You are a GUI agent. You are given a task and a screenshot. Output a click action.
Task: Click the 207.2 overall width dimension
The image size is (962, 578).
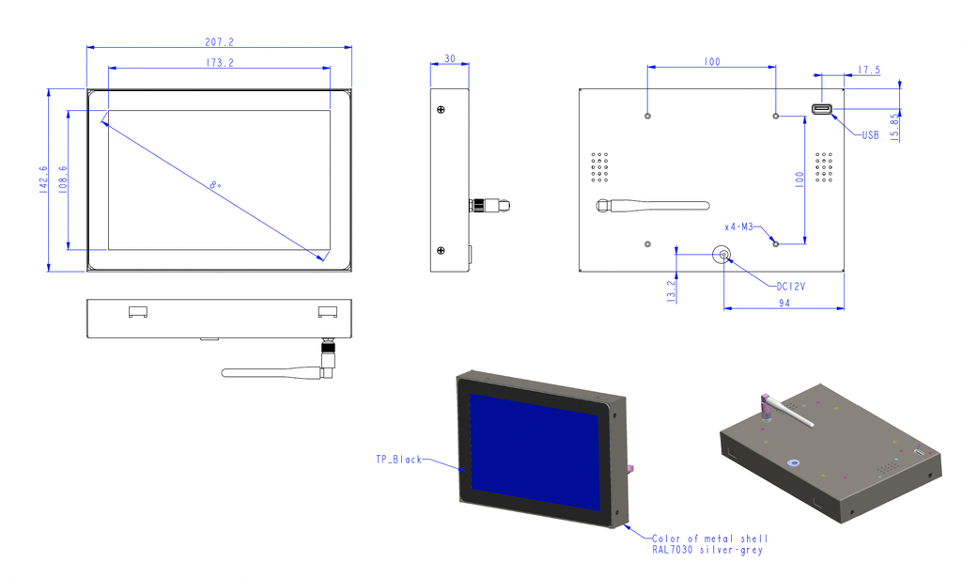(x=218, y=41)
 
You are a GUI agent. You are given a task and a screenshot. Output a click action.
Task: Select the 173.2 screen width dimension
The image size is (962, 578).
(x=218, y=63)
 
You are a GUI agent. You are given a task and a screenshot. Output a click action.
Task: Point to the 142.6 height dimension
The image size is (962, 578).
(x=43, y=180)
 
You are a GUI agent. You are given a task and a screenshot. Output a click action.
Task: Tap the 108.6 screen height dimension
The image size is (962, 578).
(x=63, y=180)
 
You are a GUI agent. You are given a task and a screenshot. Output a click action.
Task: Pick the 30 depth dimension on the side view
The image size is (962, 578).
(x=449, y=58)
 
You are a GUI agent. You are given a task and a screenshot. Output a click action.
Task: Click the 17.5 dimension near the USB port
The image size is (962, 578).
(x=869, y=70)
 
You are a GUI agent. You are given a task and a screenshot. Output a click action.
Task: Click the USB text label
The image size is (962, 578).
(x=869, y=135)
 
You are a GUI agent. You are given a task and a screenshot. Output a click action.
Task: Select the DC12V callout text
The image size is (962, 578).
(x=790, y=287)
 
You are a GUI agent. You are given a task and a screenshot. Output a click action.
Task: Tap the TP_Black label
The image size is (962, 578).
(x=398, y=460)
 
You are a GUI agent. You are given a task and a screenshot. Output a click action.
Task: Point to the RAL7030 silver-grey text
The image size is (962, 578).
(x=707, y=550)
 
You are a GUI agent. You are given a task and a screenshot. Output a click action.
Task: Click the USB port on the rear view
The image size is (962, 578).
(x=822, y=111)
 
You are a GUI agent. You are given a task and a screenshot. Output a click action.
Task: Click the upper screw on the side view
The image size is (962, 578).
(x=442, y=110)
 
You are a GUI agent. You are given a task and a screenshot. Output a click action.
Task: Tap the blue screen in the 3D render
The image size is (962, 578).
(x=533, y=445)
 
